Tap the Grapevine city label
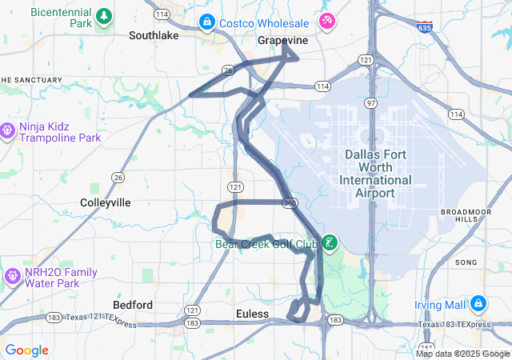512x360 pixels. pyautogui.click(x=282, y=39)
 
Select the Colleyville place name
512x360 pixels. pyautogui.click(x=106, y=202)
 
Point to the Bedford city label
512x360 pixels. pyautogui.click(x=133, y=305)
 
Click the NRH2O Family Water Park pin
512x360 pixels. pyautogui.click(x=12, y=276)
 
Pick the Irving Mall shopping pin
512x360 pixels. pyautogui.click(x=478, y=304)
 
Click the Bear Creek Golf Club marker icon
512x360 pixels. pyautogui.click(x=330, y=242)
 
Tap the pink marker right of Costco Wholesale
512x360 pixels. pyautogui.click(x=326, y=21)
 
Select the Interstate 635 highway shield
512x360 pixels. pyautogui.click(x=424, y=27)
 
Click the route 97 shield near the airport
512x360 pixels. pyautogui.click(x=370, y=104)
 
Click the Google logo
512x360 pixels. pyautogui.click(x=26, y=350)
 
